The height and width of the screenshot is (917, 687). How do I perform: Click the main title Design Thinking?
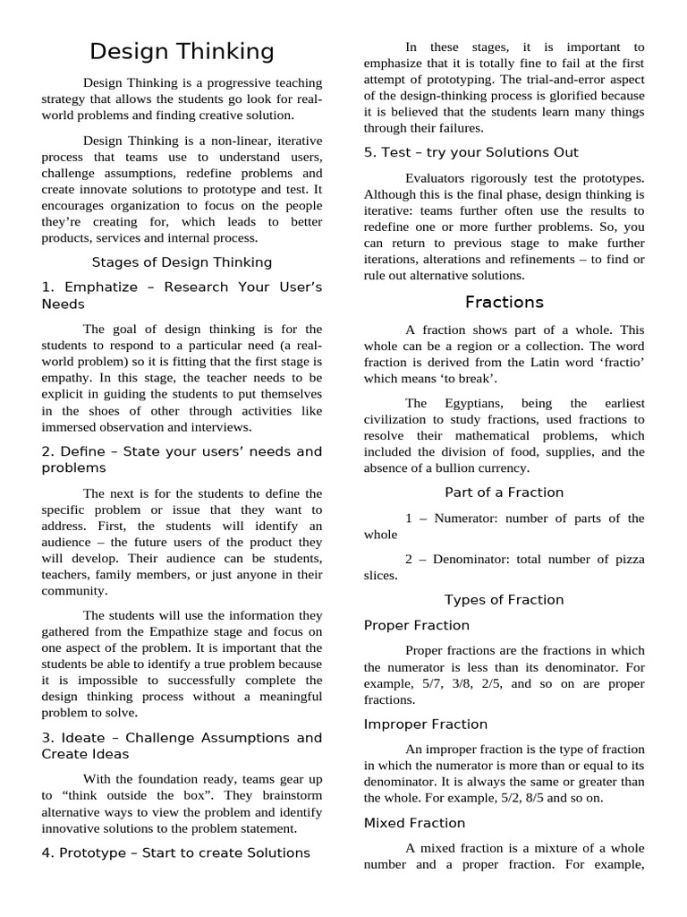click(x=182, y=52)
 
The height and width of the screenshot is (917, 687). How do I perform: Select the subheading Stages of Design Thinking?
click(x=182, y=262)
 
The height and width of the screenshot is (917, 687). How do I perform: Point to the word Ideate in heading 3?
click(x=89, y=738)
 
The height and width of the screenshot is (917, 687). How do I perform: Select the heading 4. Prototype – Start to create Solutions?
click(x=175, y=853)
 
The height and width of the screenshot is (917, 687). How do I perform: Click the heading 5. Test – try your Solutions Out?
click(x=471, y=152)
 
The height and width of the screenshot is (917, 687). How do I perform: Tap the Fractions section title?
click(x=504, y=302)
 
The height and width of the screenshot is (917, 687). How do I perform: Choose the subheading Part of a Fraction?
click(x=504, y=493)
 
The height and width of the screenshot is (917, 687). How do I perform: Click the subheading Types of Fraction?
click(x=504, y=600)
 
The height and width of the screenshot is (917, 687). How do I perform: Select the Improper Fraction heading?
click(x=426, y=724)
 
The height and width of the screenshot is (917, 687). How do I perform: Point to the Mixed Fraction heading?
click(x=414, y=822)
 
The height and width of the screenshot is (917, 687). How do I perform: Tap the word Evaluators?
click(x=437, y=178)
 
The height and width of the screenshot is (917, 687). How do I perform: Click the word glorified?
click(x=569, y=95)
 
